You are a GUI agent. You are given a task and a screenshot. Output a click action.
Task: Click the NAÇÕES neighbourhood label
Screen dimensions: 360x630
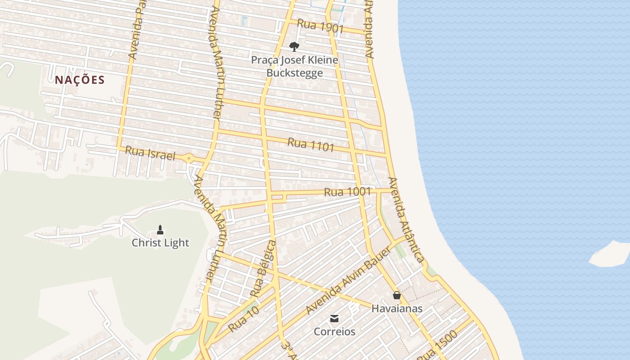[x=80, y=80]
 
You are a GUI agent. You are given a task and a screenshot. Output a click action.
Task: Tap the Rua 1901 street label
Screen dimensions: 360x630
[x=320, y=27]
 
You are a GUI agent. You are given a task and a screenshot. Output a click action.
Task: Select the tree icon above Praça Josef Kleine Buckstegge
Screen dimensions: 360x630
[x=294, y=46]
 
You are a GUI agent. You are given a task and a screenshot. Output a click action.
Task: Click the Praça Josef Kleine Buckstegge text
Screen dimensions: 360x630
[x=294, y=66]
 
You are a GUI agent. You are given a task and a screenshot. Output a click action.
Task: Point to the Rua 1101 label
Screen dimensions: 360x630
[x=311, y=145]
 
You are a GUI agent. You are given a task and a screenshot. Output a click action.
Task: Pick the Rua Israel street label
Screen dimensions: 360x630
[x=149, y=153]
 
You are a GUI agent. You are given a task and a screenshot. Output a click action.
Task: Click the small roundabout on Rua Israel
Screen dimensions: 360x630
[x=188, y=158]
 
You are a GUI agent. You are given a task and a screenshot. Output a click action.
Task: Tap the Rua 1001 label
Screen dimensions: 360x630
[x=347, y=192]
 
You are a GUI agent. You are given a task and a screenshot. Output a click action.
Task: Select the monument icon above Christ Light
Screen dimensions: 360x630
[x=160, y=230]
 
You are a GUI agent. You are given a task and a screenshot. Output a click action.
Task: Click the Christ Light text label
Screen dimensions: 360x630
[x=160, y=243]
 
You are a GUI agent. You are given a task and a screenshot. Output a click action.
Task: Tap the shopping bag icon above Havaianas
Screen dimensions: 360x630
[x=396, y=295]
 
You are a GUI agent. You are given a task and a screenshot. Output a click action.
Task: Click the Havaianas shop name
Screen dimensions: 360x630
[x=396, y=309]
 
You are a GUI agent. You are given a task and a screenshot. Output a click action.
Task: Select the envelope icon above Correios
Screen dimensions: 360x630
[x=334, y=319]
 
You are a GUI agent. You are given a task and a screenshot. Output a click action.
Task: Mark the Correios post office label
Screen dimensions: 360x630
[x=334, y=332]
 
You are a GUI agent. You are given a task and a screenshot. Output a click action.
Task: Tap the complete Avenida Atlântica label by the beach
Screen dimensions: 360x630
[x=406, y=220]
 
